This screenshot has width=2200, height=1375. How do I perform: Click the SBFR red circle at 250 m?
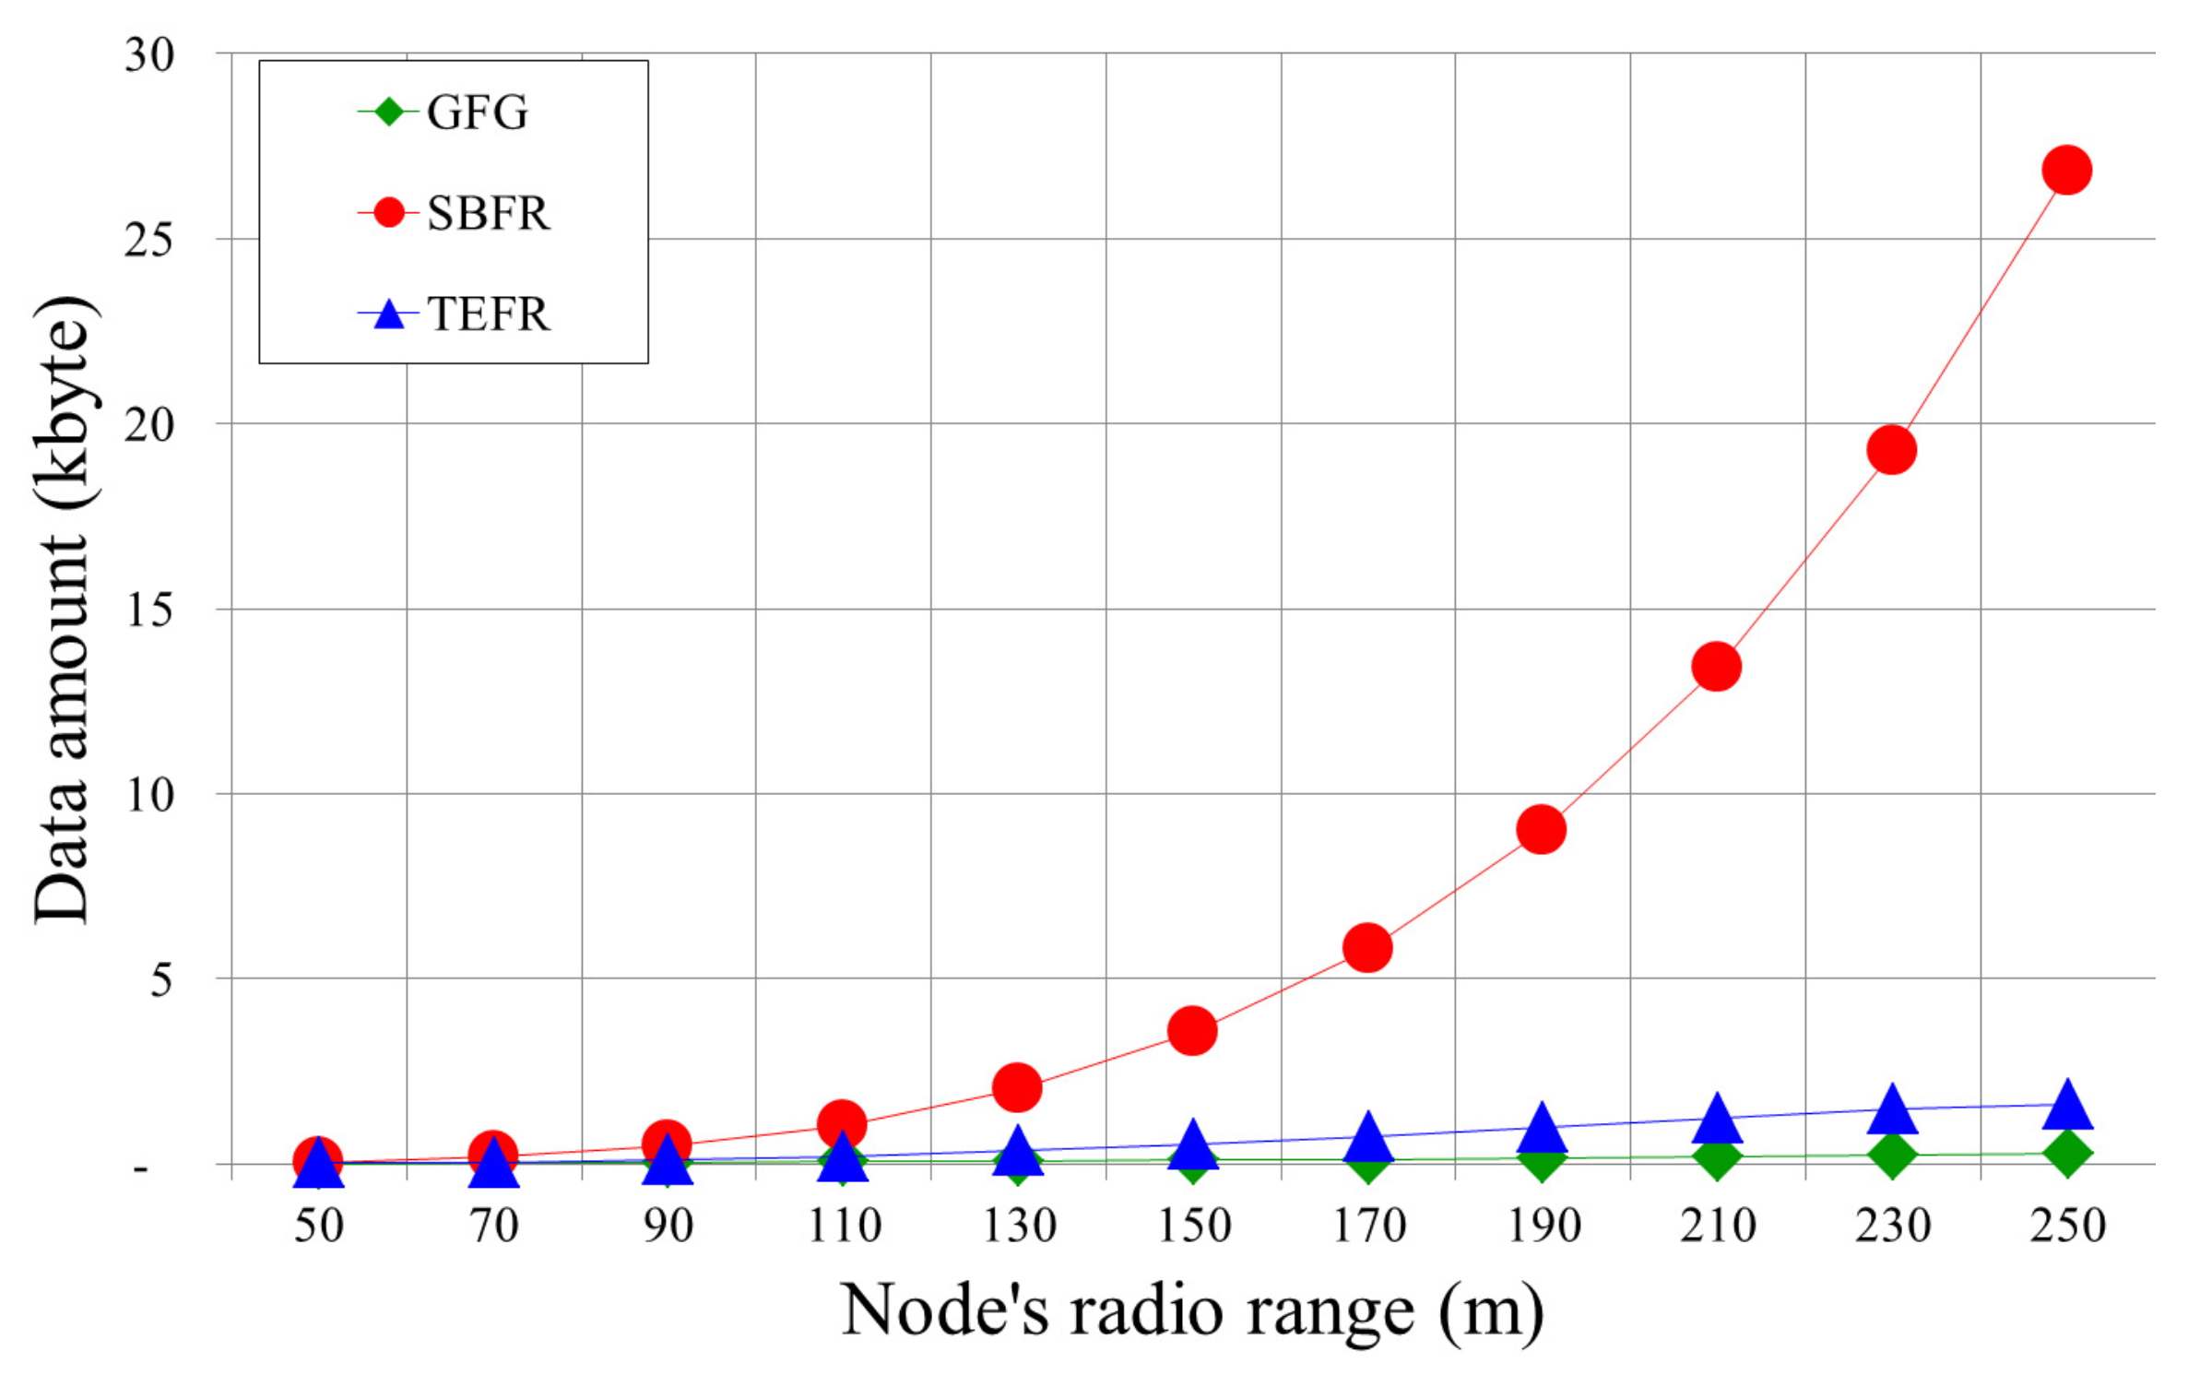click(x=2066, y=171)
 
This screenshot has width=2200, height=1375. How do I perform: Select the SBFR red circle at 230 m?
click(x=1891, y=450)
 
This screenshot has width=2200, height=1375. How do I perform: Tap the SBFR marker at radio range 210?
click(x=1716, y=667)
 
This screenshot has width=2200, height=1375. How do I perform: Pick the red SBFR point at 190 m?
click(x=1541, y=829)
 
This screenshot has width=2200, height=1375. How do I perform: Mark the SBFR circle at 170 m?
click(x=1367, y=947)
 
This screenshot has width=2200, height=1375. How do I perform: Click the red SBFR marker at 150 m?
click(x=1192, y=1030)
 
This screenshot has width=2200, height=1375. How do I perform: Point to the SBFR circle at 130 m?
click(x=1017, y=1087)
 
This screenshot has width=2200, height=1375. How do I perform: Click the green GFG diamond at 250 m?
click(x=2066, y=1154)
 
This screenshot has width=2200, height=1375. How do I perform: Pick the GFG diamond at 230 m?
click(x=1891, y=1156)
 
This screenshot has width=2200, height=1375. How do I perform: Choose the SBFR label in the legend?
click(x=488, y=214)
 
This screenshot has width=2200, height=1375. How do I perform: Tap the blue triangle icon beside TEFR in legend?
click(x=389, y=315)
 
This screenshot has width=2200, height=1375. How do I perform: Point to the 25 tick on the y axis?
click(x=148, y=240)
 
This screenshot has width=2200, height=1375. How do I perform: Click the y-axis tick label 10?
click(x=148, y=795)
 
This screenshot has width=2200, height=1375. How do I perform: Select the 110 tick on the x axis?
click(x=844, y=1226)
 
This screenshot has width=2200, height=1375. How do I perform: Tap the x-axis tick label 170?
click(x=1368, y=1226)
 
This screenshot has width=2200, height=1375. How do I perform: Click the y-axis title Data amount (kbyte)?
click(x=63, y=609)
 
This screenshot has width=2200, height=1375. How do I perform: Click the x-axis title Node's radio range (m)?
click(x=1191, y=1310)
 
